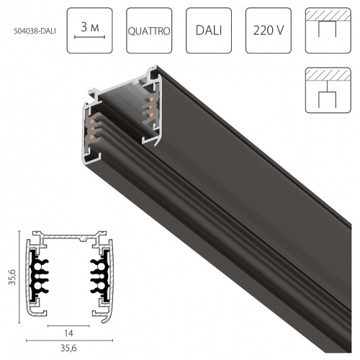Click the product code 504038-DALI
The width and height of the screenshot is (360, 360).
click(35, 31)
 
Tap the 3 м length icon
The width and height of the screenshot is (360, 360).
click(90, 30)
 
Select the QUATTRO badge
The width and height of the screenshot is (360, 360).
click(149, 30)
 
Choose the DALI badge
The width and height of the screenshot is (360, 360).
click(209, 30)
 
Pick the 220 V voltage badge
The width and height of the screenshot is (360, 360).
click(269, 30)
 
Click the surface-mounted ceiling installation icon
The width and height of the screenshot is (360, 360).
click(328, 30)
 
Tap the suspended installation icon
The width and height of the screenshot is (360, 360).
click(328, 90)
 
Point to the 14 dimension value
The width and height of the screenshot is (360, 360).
click(68, 333)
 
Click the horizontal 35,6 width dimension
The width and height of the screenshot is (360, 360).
click(68, 348)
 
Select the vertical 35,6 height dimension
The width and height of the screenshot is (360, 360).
click(12, 277)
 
